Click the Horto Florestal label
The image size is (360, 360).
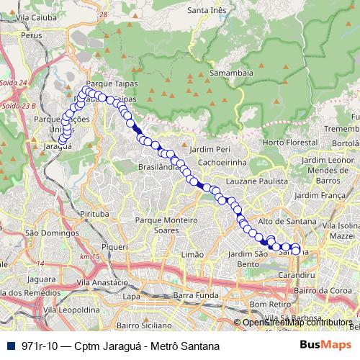pyautogui.click(x=291, y=143)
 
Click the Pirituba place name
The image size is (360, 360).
pyautogui.click(x=94, y=215)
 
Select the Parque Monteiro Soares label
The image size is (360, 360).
pyautogui.click(x=166, y=224)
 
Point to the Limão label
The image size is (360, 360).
pyautogui.click(x=194, y=255)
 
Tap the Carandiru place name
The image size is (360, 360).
pyautogui.click(x=297, y=275)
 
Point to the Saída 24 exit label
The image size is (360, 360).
pyautogui.click(x=13, y=83)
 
